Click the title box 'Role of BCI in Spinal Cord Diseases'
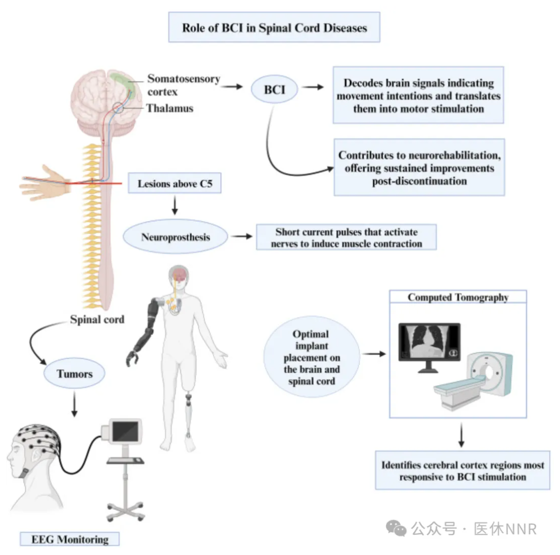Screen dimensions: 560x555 (274, 27)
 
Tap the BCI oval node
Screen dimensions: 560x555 (274, 89)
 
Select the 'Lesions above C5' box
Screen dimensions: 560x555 (175, 183)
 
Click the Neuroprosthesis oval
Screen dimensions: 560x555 (176, 236)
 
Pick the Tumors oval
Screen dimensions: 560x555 (74, 373)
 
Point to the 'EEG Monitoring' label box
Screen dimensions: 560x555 (70, 539)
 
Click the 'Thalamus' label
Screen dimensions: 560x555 (169, 108)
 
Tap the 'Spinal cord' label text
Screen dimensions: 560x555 (97, 319)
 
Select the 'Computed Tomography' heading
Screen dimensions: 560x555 (458, 297)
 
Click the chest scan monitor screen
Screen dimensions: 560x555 (429, 341)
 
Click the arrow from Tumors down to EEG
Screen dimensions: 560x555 (74, 404)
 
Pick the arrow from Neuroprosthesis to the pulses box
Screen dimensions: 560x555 (242, 236)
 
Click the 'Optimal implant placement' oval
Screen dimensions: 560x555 (312, 357)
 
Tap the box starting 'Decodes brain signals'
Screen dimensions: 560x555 (418, 95)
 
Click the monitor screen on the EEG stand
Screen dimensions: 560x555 (124, 431)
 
